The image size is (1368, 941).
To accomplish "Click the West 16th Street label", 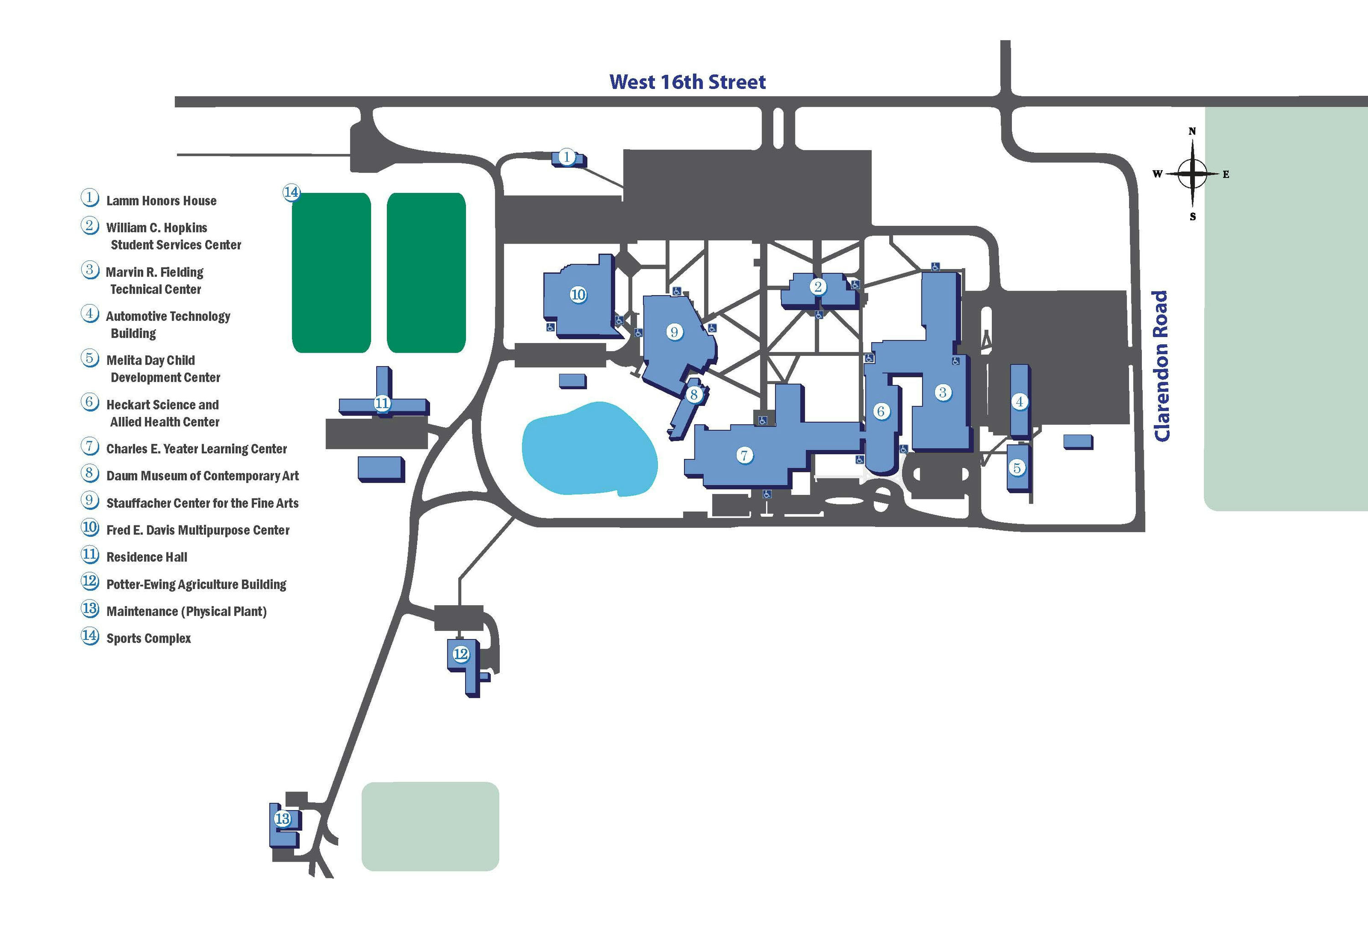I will click(x=687, y=82).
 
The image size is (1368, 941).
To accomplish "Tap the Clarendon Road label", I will click(x=1161, y=365).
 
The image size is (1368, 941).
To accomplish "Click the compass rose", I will click(x=1192, y=174).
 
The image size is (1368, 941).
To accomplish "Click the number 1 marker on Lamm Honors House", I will click(x=566, y=157).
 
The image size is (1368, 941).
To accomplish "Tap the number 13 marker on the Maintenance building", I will click(x=283, y=818).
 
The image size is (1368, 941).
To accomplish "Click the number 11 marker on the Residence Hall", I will click(x=382, y=403).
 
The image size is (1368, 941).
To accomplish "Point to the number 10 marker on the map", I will click(x=578, y=294).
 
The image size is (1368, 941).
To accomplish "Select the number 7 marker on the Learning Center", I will click(x=744, y=455).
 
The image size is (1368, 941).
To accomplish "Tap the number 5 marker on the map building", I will click(x=1017, y=468).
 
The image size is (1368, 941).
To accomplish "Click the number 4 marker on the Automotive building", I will click(x=1020, y=401).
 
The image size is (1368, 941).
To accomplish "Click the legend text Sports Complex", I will click(x=149, y=638).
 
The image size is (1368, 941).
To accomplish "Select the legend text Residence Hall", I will click(x=147, y=557).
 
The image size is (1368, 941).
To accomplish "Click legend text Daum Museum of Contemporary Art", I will click(x=202, y=476).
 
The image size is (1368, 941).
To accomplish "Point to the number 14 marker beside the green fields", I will click(x=291, y=192).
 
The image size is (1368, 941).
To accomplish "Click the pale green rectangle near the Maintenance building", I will click(x=430, y=826).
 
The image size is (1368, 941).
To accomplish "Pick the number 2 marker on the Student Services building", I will click(x=818, y=286).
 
